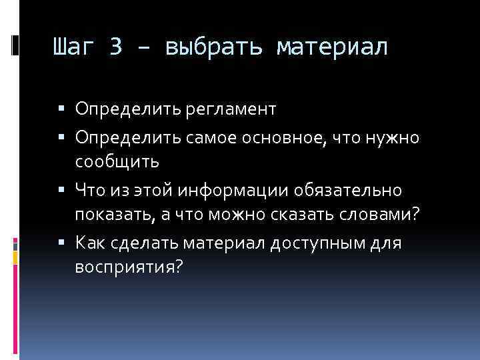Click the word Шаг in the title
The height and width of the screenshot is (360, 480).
(73, 48)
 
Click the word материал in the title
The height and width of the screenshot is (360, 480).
(331, 48)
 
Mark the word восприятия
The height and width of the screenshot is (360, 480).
(123, 266)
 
